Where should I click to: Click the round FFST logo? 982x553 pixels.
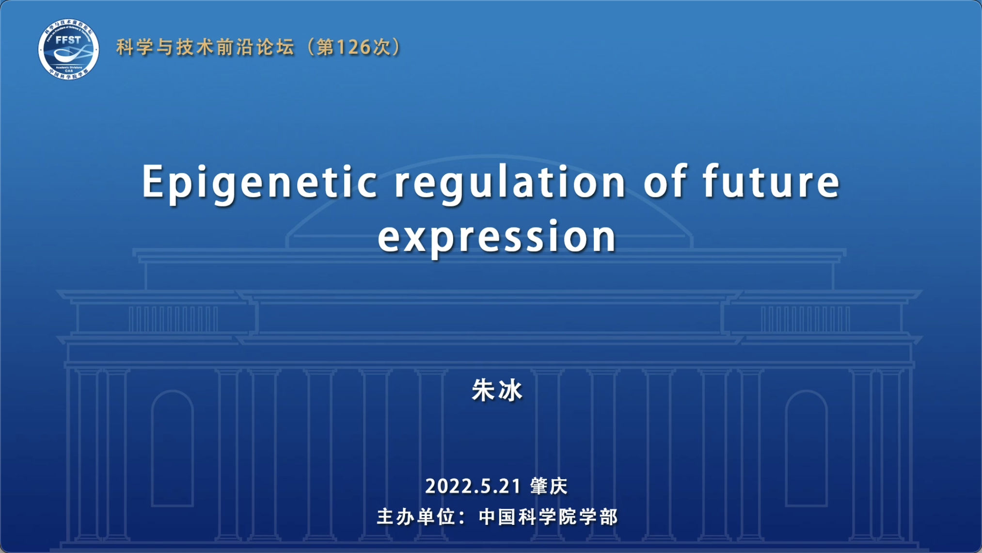68,49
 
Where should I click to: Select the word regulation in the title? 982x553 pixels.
510,183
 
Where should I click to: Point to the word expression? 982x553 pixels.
497,237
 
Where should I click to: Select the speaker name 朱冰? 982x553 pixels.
497,390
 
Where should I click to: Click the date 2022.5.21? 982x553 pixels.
473,486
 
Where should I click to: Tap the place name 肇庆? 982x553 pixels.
549,486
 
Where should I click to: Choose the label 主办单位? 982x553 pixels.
416,517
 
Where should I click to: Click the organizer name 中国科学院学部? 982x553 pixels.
548,517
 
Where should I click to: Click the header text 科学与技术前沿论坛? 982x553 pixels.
206,47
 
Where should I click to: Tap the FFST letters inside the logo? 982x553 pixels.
68,40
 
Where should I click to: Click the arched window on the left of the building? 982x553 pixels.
173,448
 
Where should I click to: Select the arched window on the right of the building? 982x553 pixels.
807,448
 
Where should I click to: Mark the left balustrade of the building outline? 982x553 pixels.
173,319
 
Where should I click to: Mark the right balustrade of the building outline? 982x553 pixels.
806,319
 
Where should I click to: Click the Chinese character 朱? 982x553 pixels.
484,390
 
